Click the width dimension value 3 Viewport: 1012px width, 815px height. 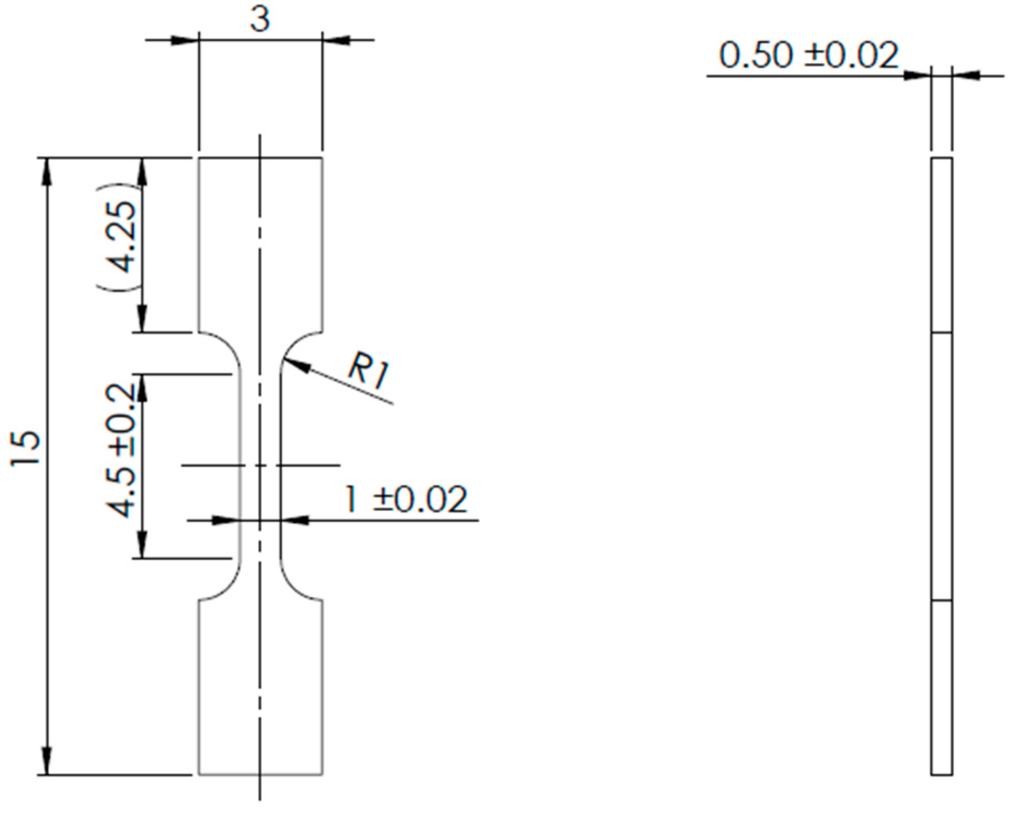tap(260, 20)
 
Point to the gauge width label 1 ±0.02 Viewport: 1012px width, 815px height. tap(405, 500)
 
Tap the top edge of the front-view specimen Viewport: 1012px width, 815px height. tap(261, 159)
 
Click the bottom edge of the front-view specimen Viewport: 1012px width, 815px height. tap(261, 775)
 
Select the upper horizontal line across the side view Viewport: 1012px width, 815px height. tap(941, 333)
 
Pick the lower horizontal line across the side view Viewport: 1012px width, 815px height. tap(941, 600)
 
